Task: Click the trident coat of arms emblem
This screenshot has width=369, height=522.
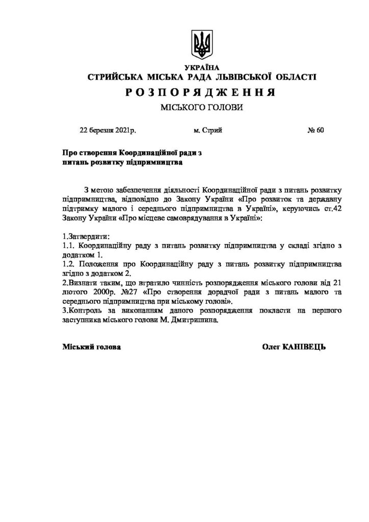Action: pos(202,44)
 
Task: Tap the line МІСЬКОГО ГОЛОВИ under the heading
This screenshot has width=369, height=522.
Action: pos(202,108)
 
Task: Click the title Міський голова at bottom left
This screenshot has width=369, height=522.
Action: pos(92,347)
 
